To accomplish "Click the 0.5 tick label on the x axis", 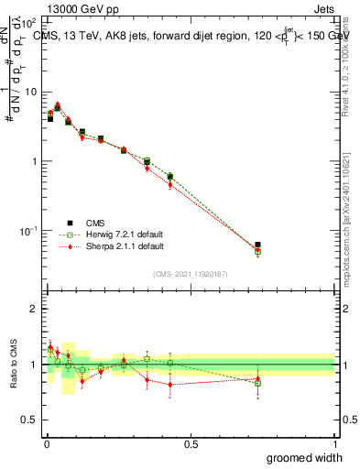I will coord(191,444).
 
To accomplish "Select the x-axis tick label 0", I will coord(46,444).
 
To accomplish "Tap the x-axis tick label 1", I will coord(334,444).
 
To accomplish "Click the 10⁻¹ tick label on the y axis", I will coord(28,231).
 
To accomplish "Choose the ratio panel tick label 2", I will coord(35,309).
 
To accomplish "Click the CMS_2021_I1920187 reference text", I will coord(191,274).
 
